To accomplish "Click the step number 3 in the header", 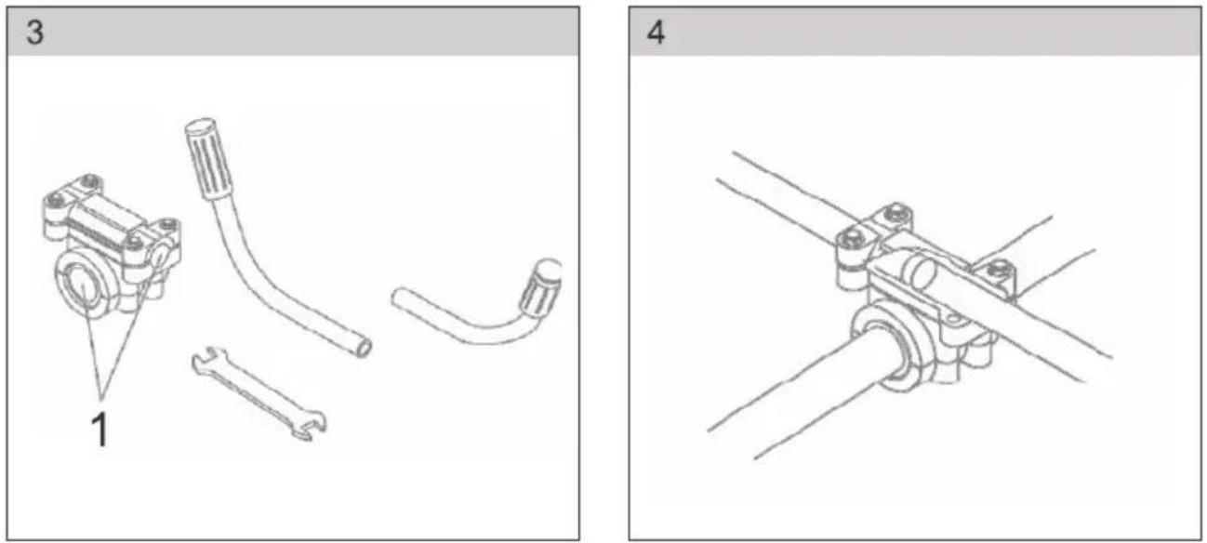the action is point(35,33).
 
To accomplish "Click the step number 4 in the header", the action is point(656,33).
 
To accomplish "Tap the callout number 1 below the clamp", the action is point(100,430).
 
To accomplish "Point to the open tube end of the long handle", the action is point(363,348).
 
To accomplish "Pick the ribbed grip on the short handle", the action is point(540,289).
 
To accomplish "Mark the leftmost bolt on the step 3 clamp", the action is point(54,201).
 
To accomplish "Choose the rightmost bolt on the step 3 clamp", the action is point(167,223).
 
